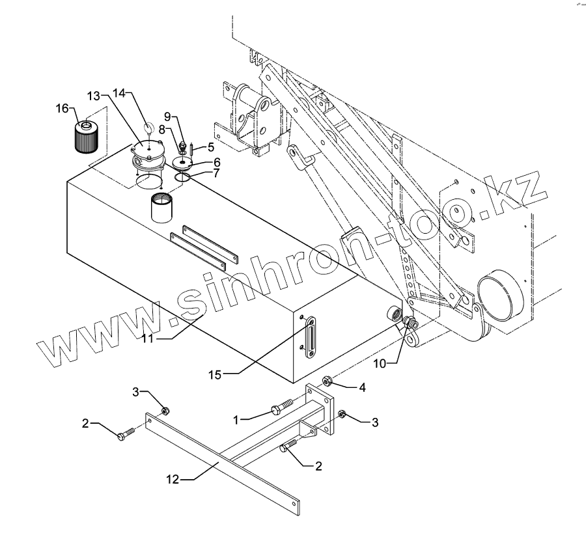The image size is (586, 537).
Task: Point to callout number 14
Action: pos(118,93)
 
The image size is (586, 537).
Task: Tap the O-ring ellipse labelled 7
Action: pos(183,176)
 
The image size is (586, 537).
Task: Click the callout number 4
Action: pos(362,387)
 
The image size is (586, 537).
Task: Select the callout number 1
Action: pos(239,420)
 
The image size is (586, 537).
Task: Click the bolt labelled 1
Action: pos(277,410)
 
